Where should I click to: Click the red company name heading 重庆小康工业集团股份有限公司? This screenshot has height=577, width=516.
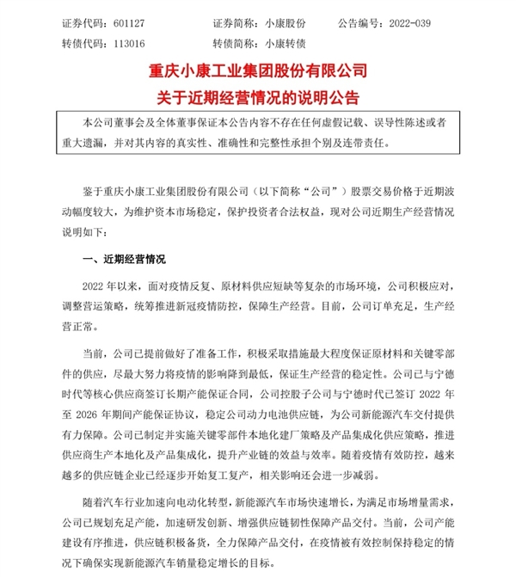tap(257, 69)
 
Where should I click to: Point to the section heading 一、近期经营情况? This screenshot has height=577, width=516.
tap(121, 259)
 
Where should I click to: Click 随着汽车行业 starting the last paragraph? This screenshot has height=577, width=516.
tap(114, 502)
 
